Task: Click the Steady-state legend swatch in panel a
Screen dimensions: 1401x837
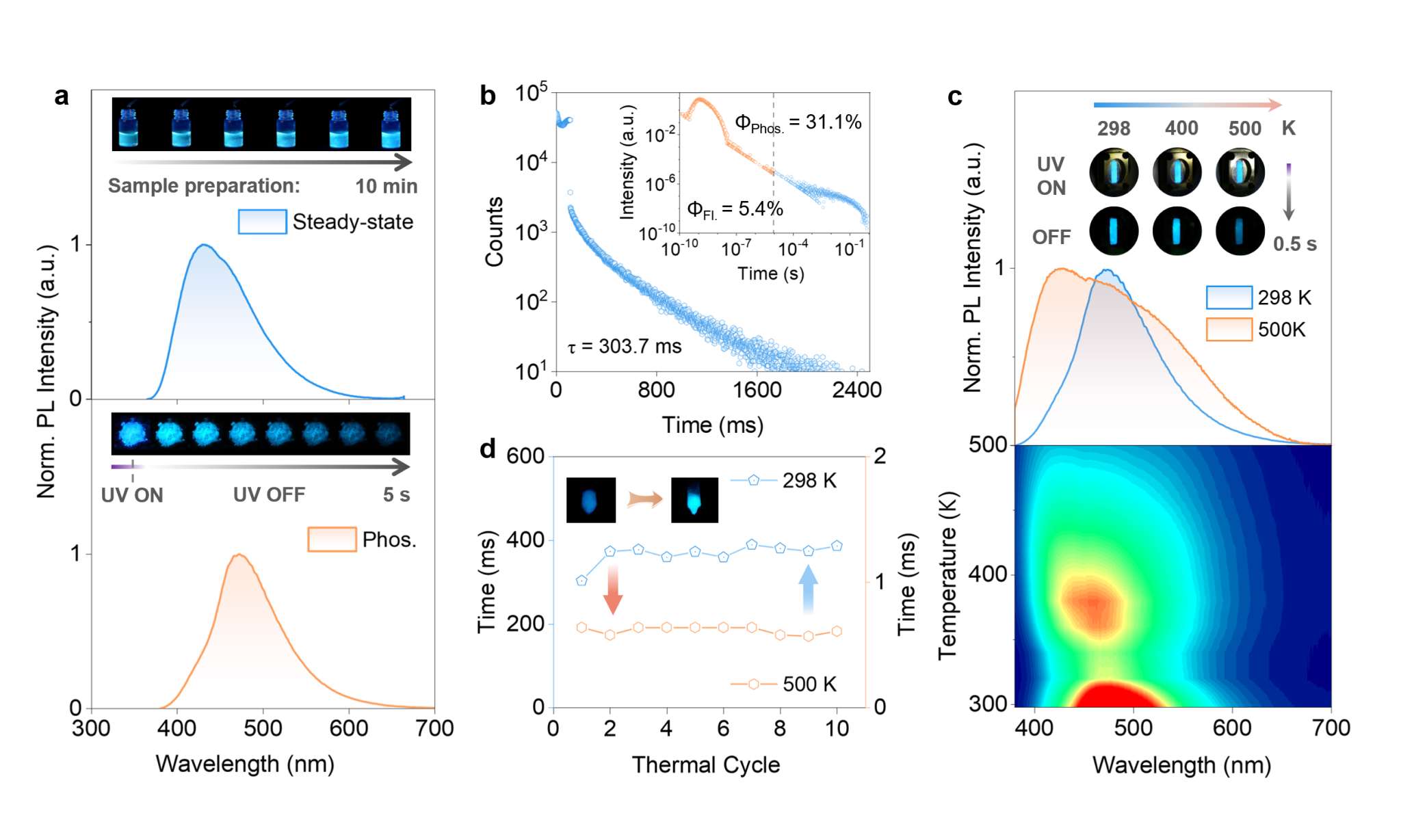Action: click(262, 222)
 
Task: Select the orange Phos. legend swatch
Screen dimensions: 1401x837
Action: click(332, 539)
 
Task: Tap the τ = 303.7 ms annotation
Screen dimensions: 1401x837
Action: click(625, 347)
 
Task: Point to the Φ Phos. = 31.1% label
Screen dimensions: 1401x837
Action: click(798, 123)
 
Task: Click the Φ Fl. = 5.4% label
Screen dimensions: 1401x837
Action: click(735, 209)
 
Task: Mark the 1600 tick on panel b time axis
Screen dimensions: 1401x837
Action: click(757, 390)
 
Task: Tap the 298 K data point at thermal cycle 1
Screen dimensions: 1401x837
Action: click(581, 581)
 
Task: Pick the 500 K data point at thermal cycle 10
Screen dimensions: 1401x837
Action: click(837, 631)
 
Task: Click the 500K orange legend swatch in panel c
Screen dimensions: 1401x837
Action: click(1229, 329)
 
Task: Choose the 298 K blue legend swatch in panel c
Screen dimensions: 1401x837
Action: click(1229, 297)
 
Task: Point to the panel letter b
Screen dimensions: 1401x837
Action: click(487, 95)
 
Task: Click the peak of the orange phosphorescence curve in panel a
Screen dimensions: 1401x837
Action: click(239, 555)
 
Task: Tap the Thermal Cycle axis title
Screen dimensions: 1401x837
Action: click(705, 765)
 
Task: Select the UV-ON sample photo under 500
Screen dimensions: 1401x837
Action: click(1240, 172)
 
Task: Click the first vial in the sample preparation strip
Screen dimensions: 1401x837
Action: click(129, 125)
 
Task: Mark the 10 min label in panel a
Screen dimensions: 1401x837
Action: click(387, 186)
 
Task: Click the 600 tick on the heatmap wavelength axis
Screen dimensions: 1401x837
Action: click(1232, 728)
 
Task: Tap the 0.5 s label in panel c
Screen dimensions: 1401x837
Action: click(1294, 244)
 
